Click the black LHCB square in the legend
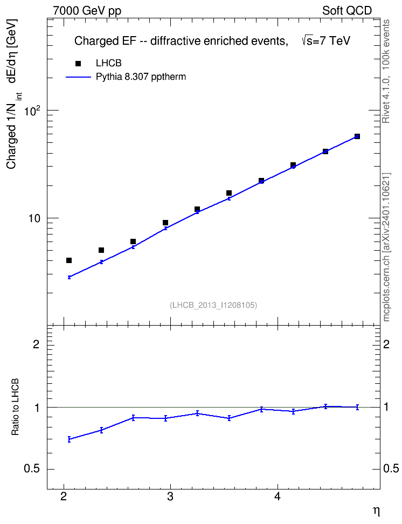pyautogui.click(x=78, y=64)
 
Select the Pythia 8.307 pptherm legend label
pyautogui.click(x=141, y=77)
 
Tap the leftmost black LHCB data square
pyautogui.click(x=69, y=260)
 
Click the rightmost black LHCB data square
pyautogui.click(x=357, y=136)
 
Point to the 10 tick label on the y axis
pyautogui.click(x=34, y=218)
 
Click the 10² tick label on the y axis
pyautogui.click(x=32, y=111)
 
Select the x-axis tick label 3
pyautogui.click(x=170, y=497)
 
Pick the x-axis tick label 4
pyautogui.click(x=278, y=497)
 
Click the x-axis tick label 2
pyautogui.click(x=64, y=497)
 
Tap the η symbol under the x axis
pyautogui.click(x=376, y=511)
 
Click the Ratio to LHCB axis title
pyautogui.click(x=15, y=408)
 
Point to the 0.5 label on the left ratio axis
pyautogui.click(x=32, y=469)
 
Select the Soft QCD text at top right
pyautogui.click(x=347, y=11)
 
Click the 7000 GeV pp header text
pyautogui.click(x=87, y=11)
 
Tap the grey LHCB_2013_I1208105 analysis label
pyautogui.click(x=213, y=305)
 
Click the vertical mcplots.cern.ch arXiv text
pyautogui.click(x=386, y=247)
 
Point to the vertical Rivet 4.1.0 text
pyautogui.click(x=386, y=71)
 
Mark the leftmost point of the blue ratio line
pyautogui.click(x=69, y=439)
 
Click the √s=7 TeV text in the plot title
pyautogui.click(x=326, y=41)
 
